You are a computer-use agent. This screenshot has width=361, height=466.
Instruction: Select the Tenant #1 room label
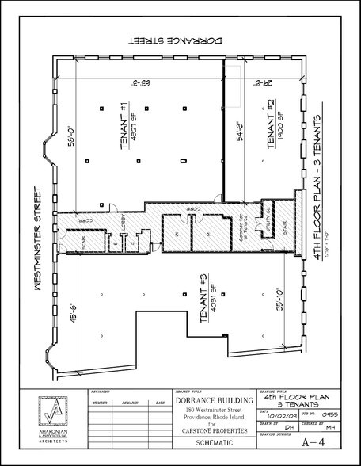(x=129, y=124)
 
